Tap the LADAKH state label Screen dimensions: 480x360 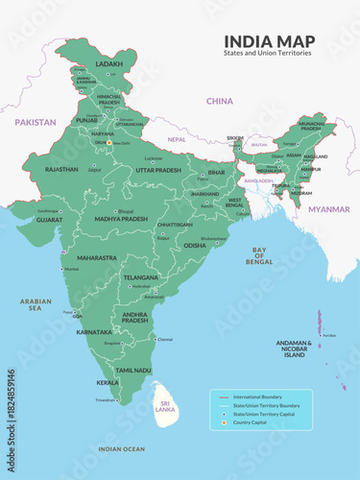click(x=99, y=64)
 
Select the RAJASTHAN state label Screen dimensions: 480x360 click(x=61, y=169)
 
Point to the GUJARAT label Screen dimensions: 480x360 click(x=51, y=219)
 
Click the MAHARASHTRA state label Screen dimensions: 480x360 click(x=97, y=257)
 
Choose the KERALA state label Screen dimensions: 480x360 click(x=108, y=382)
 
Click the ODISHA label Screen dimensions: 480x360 click(x=195, y=245)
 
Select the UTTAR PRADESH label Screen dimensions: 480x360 click(x=158, y=170)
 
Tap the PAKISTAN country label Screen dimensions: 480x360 click(x=35, y=122)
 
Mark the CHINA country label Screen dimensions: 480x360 click(x=220, y=100)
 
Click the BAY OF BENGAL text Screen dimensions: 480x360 click(x=259, y=255)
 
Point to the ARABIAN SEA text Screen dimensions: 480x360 click(x=36, y=305)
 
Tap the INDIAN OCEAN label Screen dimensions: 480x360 click(x=121, y=448)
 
